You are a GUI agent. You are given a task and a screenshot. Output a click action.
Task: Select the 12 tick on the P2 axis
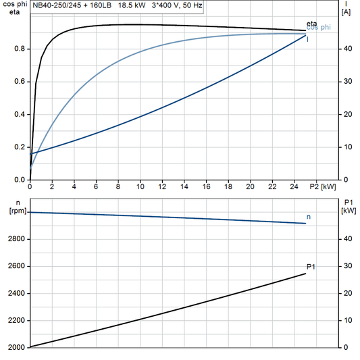click(162, 187)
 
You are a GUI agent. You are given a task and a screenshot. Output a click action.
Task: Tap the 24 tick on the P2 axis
click(294, 187)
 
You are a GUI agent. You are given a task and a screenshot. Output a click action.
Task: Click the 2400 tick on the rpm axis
click(14, 294)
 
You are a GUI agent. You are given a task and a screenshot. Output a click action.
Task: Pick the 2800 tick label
click(14, 239)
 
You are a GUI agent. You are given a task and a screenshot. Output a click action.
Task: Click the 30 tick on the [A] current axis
click(346, 82)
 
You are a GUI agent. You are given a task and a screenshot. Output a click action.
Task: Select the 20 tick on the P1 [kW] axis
click(346, 294)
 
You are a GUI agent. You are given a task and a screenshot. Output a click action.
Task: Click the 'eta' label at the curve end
click(312, 24)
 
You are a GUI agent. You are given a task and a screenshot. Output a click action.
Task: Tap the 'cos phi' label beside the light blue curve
click(319, 28)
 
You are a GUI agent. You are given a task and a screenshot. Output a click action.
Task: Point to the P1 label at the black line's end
click(311, 267)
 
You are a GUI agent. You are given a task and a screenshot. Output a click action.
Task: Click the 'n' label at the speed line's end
click(309, 217)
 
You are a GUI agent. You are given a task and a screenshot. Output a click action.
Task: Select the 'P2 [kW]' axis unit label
click(324, 187)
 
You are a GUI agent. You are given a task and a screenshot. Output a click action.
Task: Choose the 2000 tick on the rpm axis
click(14, 348)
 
